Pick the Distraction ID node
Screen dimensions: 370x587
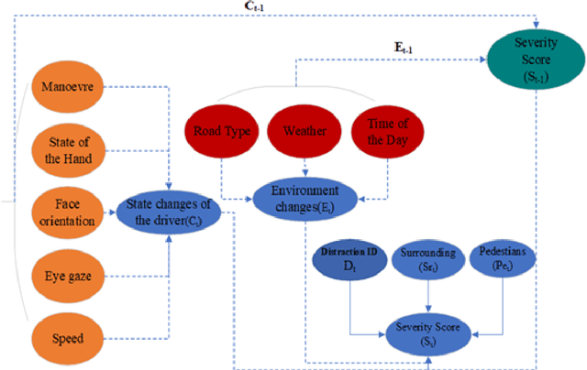349,260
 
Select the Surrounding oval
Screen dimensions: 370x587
427,260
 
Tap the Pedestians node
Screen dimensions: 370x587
504,260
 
